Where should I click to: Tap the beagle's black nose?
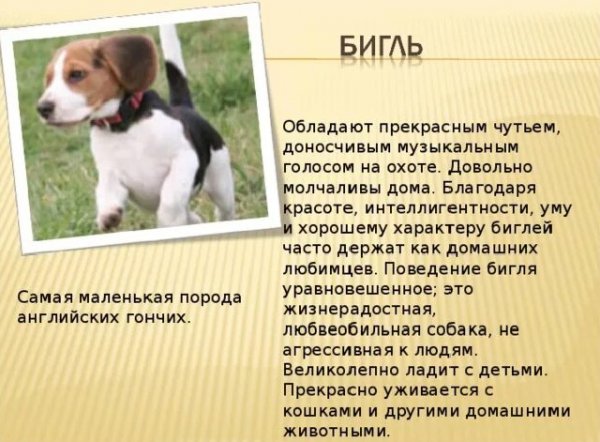point(45,107)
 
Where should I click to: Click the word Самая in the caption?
point(43,299)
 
